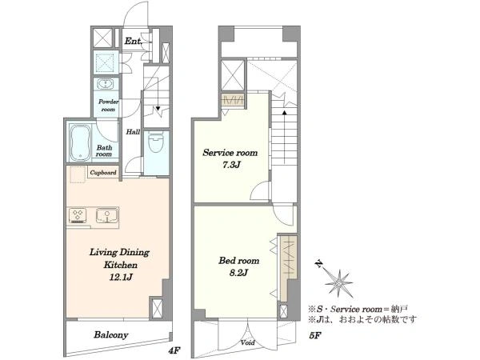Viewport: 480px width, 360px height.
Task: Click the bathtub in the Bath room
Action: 80,142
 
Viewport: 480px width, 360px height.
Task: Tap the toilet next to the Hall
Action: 155,142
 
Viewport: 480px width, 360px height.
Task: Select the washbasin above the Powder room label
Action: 105,83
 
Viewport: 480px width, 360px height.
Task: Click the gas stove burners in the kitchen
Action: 77,215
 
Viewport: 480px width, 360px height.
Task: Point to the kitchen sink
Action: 107,215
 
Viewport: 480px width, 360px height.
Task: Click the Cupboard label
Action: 103,173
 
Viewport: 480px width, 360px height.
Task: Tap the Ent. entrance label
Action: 133,41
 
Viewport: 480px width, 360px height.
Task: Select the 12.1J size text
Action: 121,277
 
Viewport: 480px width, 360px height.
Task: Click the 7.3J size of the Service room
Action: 231,165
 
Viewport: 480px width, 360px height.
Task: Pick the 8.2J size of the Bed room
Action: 238,273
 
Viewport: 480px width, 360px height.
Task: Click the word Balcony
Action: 111,335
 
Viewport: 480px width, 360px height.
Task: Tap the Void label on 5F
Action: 248,342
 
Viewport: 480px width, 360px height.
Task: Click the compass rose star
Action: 339,283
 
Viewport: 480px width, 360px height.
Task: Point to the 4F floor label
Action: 174,350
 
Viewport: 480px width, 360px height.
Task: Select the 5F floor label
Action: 314,335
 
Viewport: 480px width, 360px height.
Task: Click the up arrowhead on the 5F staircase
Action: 284,112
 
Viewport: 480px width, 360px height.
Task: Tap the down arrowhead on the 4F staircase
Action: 158,108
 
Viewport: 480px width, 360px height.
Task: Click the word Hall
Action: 133,132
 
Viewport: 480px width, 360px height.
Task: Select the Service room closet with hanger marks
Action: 233,100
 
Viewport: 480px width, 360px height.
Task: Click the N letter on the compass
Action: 319,264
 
